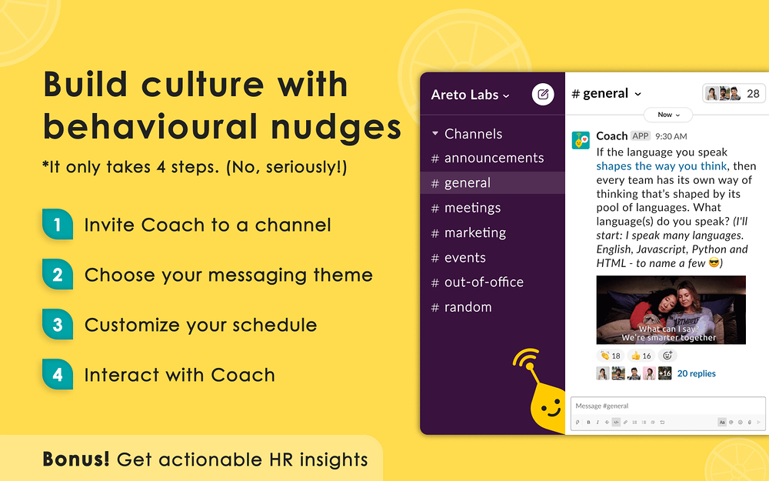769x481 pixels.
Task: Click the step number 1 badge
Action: [x=58, y=224]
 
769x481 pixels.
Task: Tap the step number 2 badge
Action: [x=58, y=275]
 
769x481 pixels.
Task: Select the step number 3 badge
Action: [x=58, y=325]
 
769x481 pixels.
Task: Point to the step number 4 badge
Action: [x=58, y=375]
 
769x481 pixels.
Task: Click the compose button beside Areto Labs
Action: [x=543, y=94]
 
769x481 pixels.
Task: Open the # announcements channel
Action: [x=488, y=158]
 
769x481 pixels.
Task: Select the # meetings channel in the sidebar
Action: [x=466, y=208]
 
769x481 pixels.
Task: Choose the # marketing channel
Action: [x=468, y=232]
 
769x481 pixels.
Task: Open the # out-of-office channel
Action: [x=478, y=282]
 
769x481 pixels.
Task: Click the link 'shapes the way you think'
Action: [x=661, y=166]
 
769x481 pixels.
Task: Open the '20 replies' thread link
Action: [x=696, y=373]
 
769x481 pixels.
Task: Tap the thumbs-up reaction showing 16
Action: [x=641, y=356]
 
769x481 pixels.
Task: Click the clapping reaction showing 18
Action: [x=611, y=356]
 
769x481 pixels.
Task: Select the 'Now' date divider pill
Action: [x=668, y=115]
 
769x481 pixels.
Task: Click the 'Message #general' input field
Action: [x=667, y=406]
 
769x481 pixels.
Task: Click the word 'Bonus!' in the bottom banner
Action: [x=76, y=459]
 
